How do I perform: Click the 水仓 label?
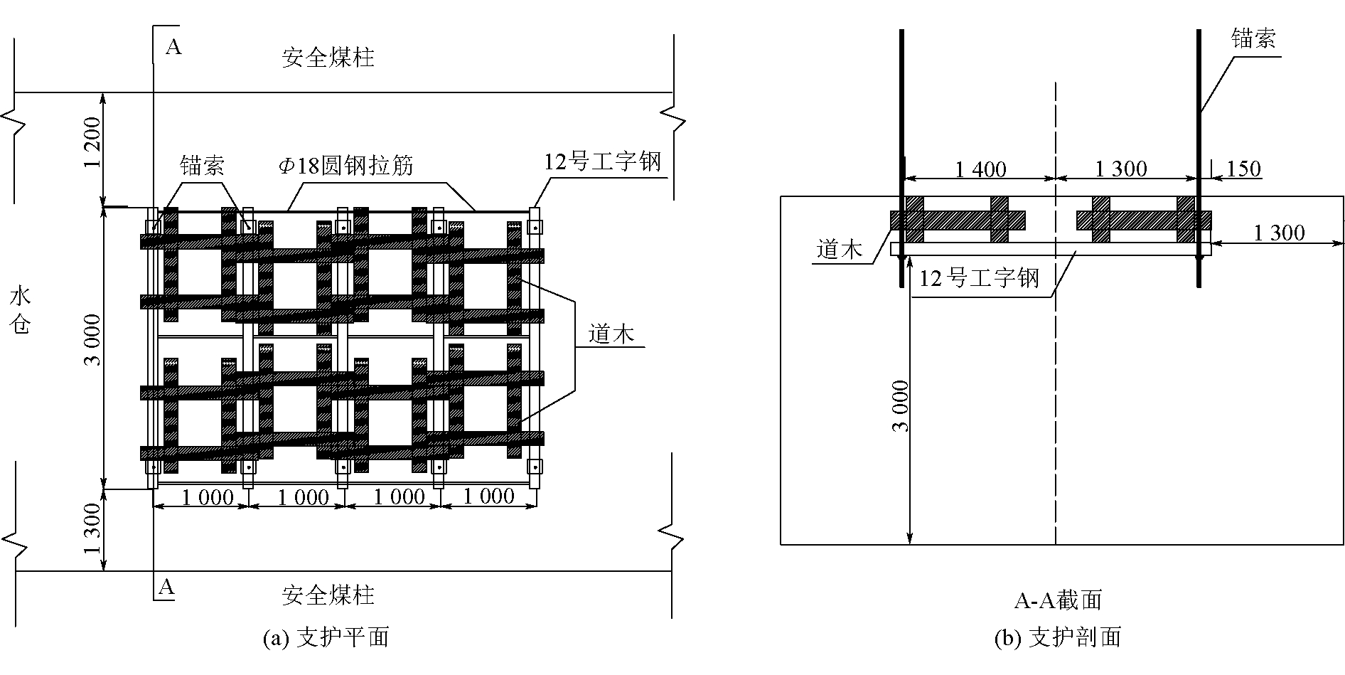22,311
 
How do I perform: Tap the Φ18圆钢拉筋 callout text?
345,166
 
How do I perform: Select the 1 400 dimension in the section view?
980,169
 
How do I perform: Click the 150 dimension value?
1243,169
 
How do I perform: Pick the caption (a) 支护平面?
326,637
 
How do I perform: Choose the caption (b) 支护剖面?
1057,637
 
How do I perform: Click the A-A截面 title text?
1057,600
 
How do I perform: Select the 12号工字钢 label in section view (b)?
979,277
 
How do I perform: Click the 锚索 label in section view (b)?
1253,39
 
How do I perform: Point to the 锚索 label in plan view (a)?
202,166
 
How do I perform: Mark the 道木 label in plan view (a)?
611,334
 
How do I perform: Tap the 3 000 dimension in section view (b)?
900,406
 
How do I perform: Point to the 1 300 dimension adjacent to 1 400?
1121,169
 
